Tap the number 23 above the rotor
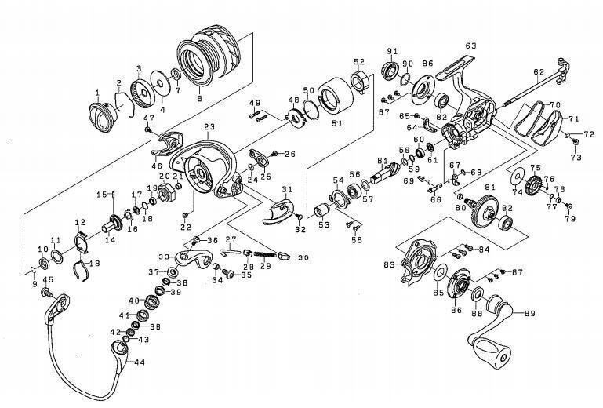click(209, 126)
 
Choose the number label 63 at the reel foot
click(470, 46)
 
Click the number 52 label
click(359, 62)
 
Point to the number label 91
click(392, 51)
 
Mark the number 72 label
click(589, 134)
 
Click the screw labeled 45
click(49, 293)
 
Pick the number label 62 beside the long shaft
click(538, 72)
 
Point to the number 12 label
click(80, 222)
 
